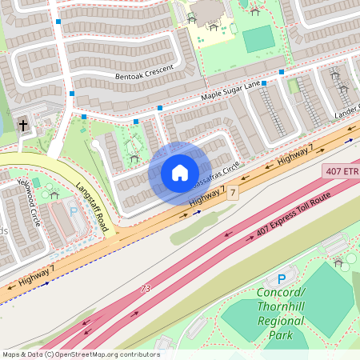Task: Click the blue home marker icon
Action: pos(180,173)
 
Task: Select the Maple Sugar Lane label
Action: pos(231,91)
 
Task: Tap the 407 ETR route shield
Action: pos(342,171)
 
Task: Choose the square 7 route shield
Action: pos(232,193)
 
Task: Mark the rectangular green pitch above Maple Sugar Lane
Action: pos(258,38)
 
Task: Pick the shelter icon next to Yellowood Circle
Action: pos(54,193)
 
